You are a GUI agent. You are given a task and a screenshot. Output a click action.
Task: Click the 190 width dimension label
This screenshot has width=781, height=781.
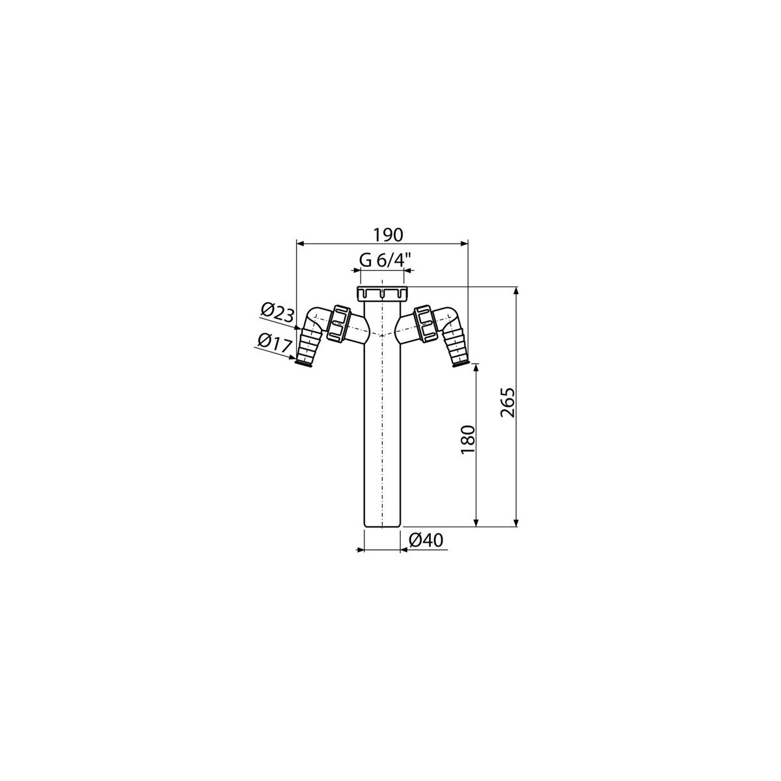388,235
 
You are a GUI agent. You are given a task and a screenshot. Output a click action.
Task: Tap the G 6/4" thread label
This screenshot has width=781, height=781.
385,260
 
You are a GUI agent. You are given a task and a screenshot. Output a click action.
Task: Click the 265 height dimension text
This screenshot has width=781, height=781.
507,402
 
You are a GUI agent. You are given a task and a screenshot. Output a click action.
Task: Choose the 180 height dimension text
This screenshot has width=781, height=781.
467,440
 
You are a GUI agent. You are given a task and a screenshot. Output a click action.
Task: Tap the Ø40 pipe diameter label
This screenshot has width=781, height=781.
426,540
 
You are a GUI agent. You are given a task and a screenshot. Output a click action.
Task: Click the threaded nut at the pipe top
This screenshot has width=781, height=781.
383,294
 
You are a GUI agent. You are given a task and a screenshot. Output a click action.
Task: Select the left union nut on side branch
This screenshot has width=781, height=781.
338,323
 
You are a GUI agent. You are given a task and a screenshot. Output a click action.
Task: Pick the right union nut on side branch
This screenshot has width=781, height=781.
425,323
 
